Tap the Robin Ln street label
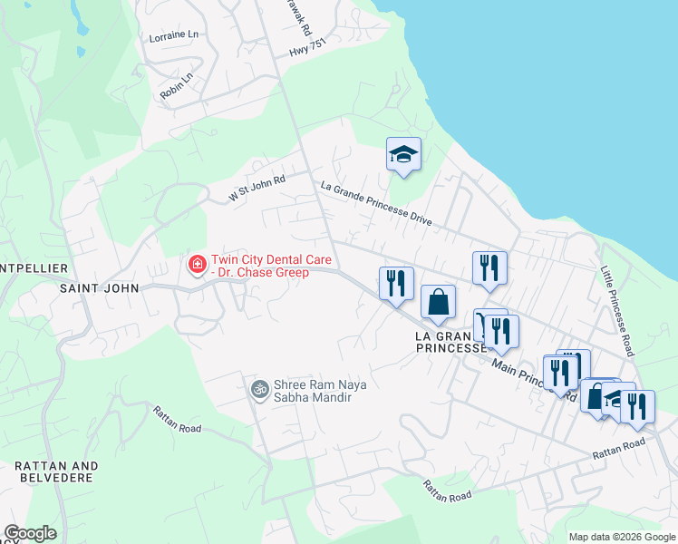[x=176, y=85]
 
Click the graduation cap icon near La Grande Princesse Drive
[x=403, y=155]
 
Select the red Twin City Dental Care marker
[x=196, y=265]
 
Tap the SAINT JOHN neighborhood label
[x=100, y=288]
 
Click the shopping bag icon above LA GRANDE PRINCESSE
[x=438, y=301]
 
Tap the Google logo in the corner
[x=30, y=533]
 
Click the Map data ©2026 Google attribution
[x=621, y=537]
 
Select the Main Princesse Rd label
[x=535, y=379]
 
